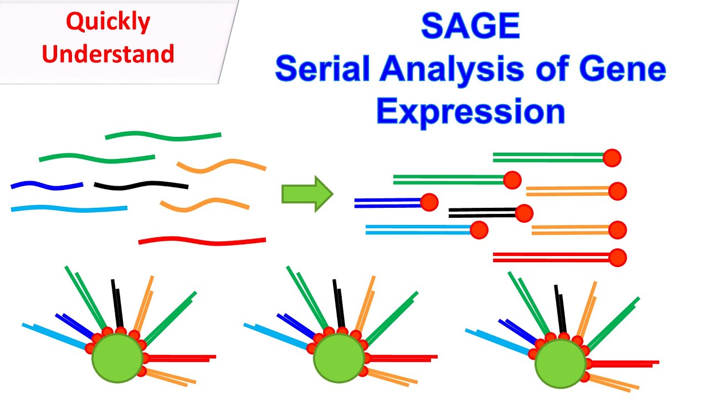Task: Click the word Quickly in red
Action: tap(108, 22)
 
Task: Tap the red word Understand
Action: tap(108, 54)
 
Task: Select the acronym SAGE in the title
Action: tap(470, 26)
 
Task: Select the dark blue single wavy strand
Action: tap(47, 186)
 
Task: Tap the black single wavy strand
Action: tap(141, 185)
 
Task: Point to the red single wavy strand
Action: tap(202, 241)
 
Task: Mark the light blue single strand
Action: tap(69, 209)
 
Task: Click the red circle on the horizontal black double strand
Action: tap(523, 213)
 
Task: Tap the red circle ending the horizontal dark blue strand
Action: tap(429, 202)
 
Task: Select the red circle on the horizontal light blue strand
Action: tap(479, 229)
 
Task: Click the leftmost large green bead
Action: tap(117, 357)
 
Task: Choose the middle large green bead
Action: tap(338, 357)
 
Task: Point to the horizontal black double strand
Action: tap(482, 213)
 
